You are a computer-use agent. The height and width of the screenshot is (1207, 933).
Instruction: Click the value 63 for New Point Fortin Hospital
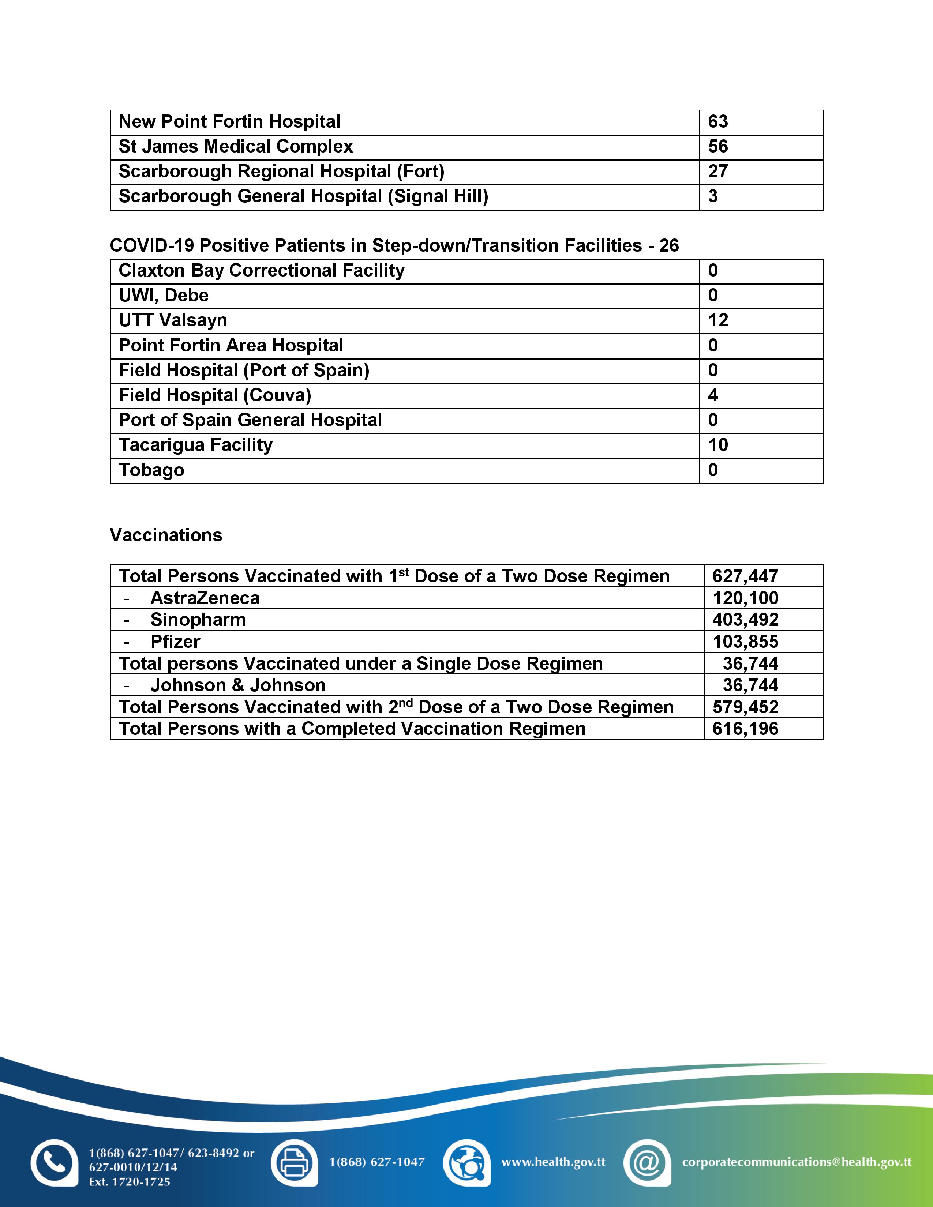717,121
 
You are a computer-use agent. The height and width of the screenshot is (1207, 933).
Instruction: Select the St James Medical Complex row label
236,146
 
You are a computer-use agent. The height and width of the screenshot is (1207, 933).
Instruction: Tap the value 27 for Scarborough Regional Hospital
717,171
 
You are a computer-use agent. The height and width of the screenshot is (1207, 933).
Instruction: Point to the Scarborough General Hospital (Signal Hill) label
303,196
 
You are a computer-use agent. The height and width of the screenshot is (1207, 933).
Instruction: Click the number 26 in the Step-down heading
669,245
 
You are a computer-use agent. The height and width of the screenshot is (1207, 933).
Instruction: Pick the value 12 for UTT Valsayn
718,320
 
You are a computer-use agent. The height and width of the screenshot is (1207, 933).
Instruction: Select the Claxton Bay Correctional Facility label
262,270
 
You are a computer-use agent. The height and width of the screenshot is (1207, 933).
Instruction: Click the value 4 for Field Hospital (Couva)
713,395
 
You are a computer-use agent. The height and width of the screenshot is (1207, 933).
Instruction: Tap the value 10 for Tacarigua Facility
718,445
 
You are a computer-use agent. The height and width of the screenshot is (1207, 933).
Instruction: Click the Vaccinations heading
166,535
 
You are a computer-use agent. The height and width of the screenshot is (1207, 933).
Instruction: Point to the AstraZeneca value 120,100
745,598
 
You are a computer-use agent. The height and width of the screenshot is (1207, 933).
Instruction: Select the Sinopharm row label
198,620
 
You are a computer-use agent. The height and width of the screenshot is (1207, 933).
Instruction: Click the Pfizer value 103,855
745,642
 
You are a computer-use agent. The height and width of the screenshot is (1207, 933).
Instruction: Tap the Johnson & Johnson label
238,685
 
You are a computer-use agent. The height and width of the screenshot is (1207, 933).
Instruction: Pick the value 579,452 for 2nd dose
745,707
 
